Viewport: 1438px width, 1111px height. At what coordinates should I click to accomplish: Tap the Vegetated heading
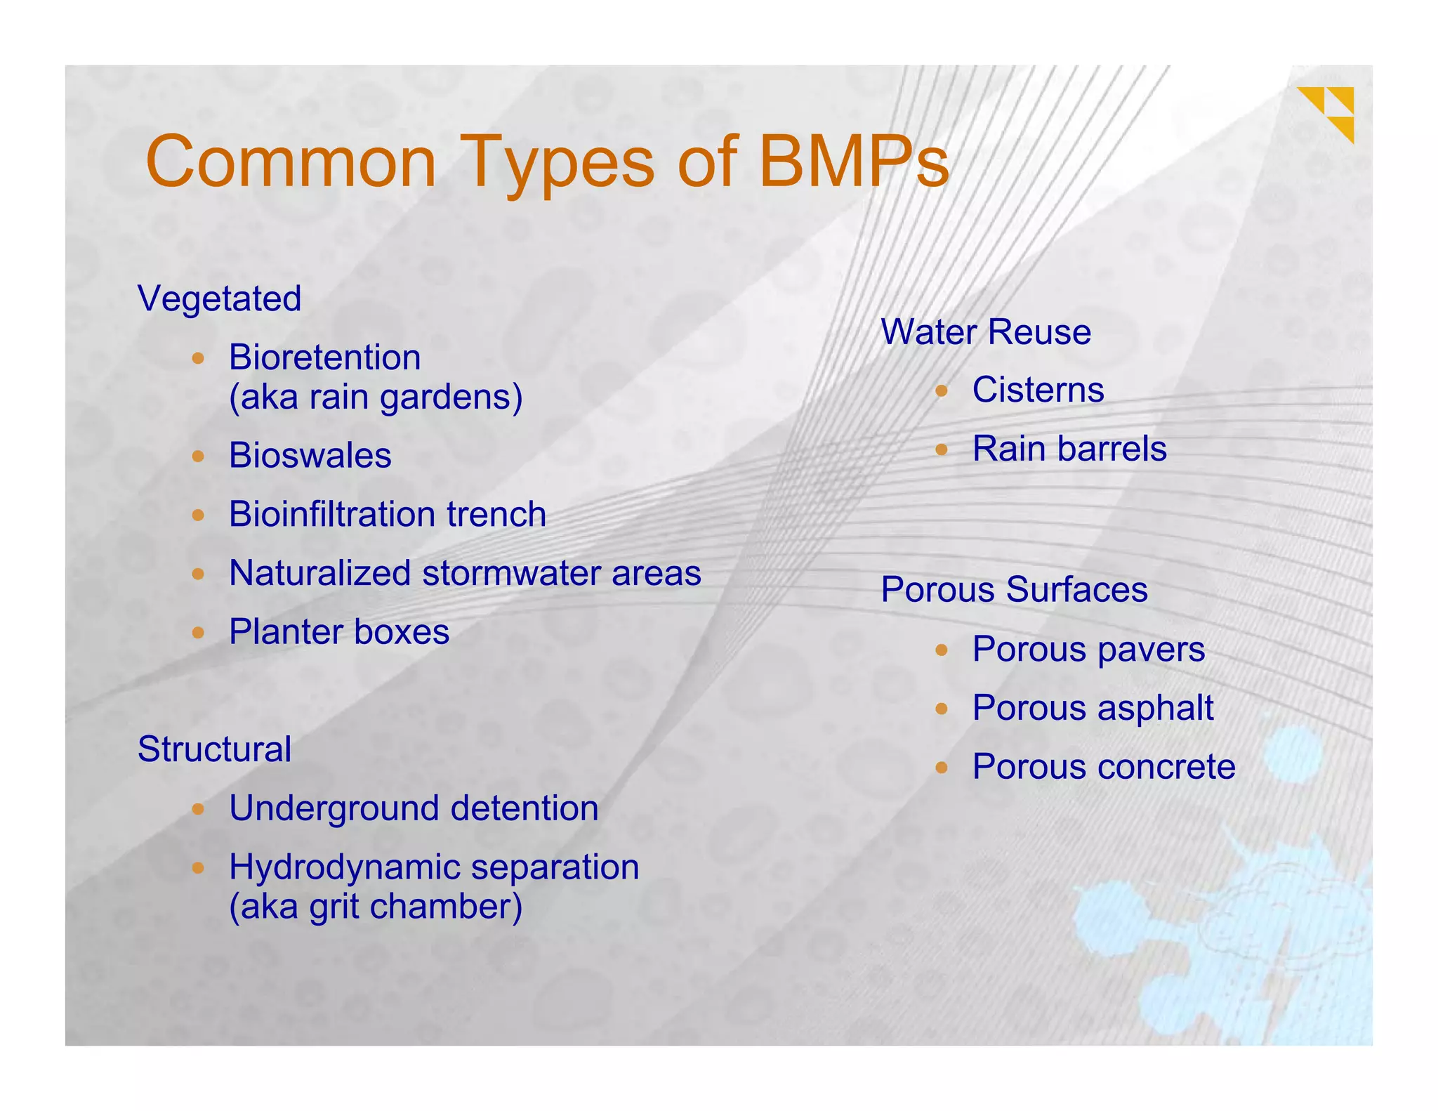tap(220, 298)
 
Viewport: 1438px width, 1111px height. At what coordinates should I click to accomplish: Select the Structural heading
tap(214, 749)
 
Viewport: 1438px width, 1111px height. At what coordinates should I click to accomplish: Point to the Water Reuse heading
tap(986, 331)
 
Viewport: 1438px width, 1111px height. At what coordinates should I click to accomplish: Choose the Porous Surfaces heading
tap(1014, 589)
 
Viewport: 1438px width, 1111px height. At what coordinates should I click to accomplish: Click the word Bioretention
tap(324, 357)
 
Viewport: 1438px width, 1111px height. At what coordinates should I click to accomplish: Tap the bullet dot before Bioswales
tap(198, 456)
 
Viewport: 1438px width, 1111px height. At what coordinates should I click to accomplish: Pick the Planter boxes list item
tap(339, 632)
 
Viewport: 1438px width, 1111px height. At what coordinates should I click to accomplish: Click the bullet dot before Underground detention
tap(198, 809)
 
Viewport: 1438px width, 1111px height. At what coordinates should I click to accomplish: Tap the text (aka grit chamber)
tap(376, 907)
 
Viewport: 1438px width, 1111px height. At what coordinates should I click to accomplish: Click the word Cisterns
tap(1038, 390)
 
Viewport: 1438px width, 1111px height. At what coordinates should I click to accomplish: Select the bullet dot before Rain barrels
tap(942, 449)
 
